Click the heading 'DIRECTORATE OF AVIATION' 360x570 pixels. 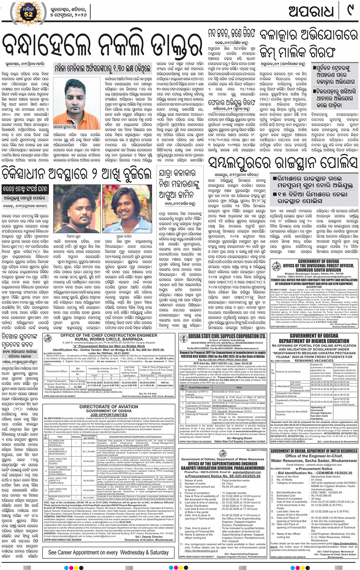pos(109,407)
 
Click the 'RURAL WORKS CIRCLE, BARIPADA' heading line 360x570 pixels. pos(109,339)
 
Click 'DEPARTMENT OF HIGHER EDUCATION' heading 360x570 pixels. pos(314,341)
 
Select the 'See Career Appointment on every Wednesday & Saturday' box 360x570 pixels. pos(108,552)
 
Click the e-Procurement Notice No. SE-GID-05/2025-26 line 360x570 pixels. pos(222,476)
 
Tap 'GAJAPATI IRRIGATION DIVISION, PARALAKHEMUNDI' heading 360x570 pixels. pos(222,468)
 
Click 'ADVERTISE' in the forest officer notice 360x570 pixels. pos(314,287)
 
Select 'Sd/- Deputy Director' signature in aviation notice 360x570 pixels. pos(152,536)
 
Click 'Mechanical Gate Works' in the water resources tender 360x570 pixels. pos(325,476)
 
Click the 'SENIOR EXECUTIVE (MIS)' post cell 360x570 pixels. pos(59,497)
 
